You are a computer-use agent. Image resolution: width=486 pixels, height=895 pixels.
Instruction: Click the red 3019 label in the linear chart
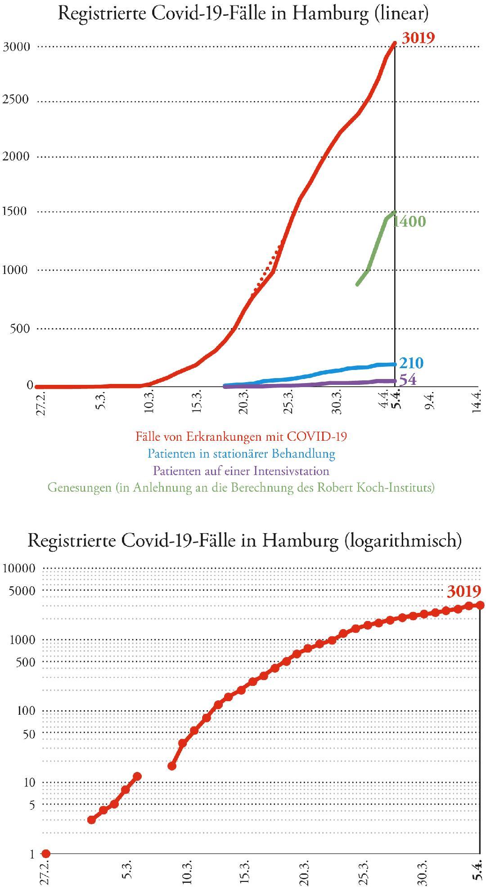click(418, 38)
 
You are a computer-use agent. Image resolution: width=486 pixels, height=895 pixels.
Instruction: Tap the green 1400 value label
click(409, 221)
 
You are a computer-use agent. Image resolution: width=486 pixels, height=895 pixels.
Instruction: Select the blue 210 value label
click(411, 363)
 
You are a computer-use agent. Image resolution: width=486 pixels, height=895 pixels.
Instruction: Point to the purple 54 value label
click(408, 380)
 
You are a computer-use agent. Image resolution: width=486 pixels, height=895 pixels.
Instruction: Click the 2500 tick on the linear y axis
click(16, 99)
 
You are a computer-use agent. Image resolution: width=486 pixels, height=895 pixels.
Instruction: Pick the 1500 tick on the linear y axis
click(16, 211)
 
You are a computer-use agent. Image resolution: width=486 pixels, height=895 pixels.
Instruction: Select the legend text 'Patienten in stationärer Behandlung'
click(242, 453)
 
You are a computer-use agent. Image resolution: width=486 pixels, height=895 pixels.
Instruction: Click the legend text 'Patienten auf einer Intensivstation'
click(241, 471)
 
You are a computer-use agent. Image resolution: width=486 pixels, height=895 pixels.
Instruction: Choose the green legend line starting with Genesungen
click(241, 488)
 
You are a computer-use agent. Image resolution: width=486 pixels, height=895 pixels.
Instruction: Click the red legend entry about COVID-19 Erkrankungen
click(241, 436)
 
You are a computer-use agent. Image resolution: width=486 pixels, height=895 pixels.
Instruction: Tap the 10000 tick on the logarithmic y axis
click(19, 568)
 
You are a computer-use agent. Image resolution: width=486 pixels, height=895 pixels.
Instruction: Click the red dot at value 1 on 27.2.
click(45, 853)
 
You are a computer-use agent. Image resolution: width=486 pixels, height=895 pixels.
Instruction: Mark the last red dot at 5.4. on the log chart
click(480, 605)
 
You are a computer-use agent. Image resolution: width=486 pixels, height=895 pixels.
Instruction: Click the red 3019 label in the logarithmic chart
click(464, 590)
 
